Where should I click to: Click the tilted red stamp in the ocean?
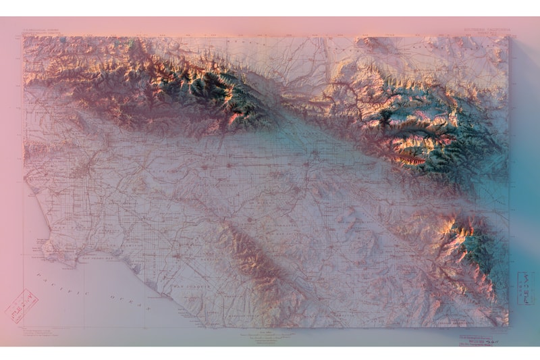21,305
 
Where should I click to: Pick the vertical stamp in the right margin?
524,288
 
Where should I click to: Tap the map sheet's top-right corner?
508,37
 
